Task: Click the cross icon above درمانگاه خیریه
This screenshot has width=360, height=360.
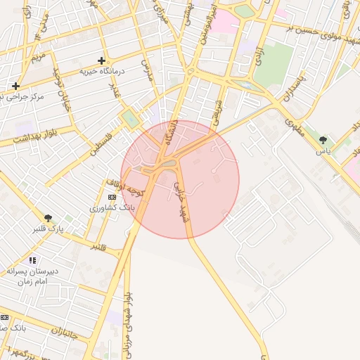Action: tap(102, 61)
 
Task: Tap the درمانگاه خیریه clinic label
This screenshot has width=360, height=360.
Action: tap(102, 71)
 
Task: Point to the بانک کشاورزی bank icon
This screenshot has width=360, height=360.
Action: tap(112, 198)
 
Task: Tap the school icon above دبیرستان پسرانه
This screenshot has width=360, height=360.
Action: tap(32, 261)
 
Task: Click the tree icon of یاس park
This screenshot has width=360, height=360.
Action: tap(323, 141)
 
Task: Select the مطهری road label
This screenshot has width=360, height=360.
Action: tap(296, 131)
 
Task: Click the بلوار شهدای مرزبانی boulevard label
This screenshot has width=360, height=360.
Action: tap(127, 323)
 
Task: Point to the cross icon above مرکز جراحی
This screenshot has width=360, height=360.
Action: tap(15, 86)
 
